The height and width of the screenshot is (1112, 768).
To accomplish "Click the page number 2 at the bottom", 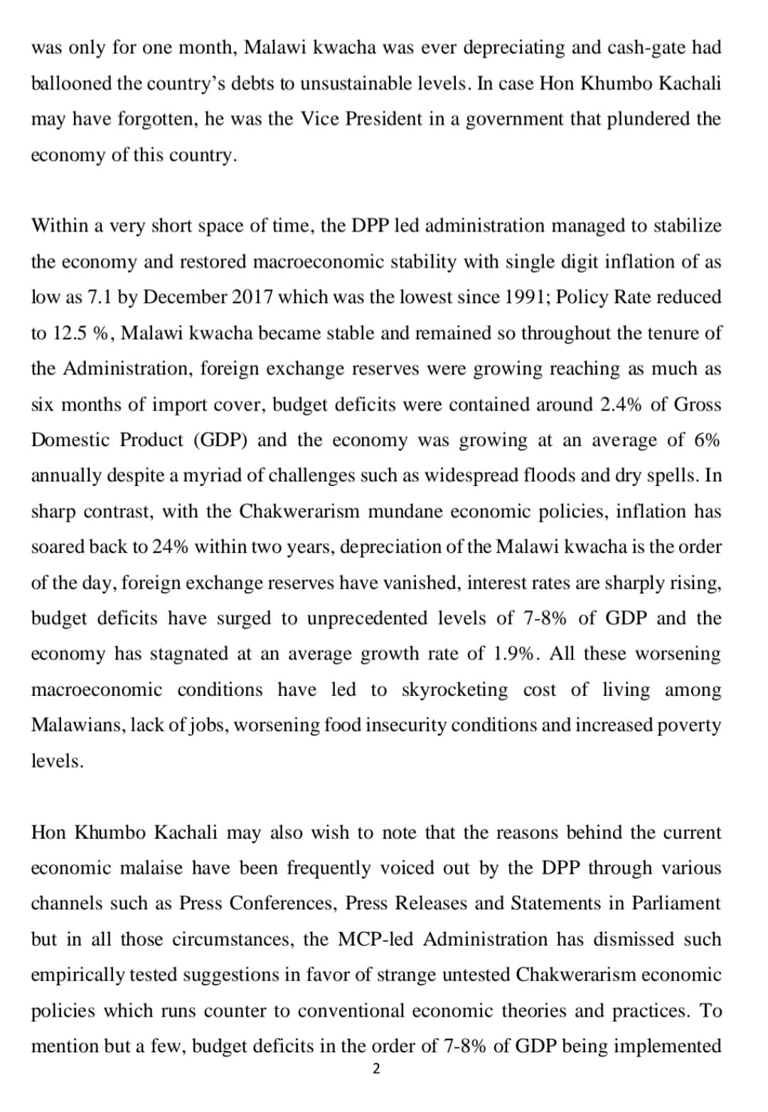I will click(376, 1069).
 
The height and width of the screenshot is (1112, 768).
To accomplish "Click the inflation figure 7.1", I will click(99, 297).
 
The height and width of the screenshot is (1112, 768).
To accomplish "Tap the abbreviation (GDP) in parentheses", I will click(220, 440).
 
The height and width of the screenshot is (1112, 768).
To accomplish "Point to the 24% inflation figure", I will click(171, 547).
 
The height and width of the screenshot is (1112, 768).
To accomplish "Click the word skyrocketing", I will click(455, 689).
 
